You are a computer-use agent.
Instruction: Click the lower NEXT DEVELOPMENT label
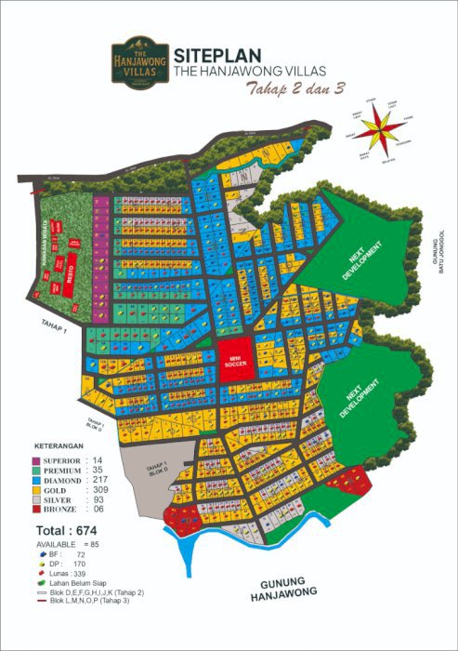click(x=359, y=399)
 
